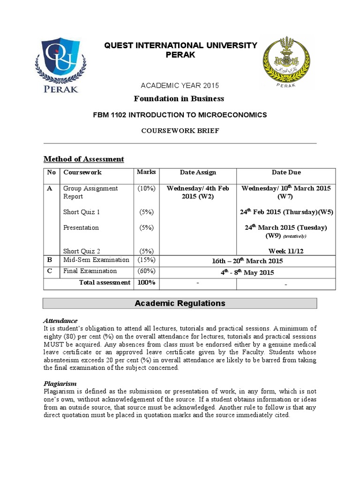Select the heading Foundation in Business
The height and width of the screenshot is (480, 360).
click(x=179, y=98)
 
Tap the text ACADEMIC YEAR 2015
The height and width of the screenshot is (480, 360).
click(x=180, y=85)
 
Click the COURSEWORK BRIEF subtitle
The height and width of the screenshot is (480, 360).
click(x=180, y=131)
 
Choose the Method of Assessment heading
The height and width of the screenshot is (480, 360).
click(x=83, y=159)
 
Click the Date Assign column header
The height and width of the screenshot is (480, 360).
click(x=198, y=172)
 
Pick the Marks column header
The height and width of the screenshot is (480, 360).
click(x=146, y=172)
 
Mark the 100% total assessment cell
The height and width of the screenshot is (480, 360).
click(x=146, y=283)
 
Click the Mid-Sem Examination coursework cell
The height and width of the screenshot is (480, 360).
click(x=96, y=260)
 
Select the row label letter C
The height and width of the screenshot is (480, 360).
click(x=50, y=271)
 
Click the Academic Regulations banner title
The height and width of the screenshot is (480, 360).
click(x=180, y=303)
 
